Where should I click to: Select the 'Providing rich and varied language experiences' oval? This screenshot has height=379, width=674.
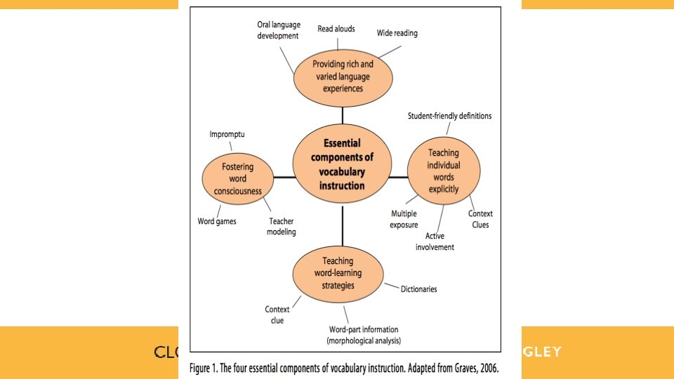pyautogui.click(x=343, y=76)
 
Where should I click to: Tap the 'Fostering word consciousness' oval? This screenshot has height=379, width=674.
pyautogui.click(x=237, y=179)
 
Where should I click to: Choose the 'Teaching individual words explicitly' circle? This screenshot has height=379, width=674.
pyautogui.click(x=444, y=171)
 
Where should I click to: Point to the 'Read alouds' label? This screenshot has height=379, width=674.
pyautogui.click(x=336, y=29)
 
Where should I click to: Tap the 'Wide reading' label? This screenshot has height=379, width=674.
pyautogui.click(x=397, y=33)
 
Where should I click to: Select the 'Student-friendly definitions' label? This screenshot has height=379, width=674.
pyautogui.click(x=449, y=116)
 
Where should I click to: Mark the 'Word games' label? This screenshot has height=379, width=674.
pyautogui.click(x=217, y=221)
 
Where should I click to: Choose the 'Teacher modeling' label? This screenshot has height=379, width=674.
pyautogui.click(x=282, y=227)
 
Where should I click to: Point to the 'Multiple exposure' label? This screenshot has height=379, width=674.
pyautogui.click(x=404, y=219)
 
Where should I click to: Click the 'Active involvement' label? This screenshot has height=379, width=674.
pyautogui.click(x=435, y=241)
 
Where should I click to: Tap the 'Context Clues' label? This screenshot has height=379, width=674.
pyautogui.click(x=480, y=219)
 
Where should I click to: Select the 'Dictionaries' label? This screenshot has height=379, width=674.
pyautogui.click(x=419, y=288)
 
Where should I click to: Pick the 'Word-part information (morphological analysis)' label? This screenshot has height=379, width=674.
pyautogui.click(x=363, y=335)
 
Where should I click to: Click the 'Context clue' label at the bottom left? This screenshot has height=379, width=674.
pyautogui.click(x=277, y=314)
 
